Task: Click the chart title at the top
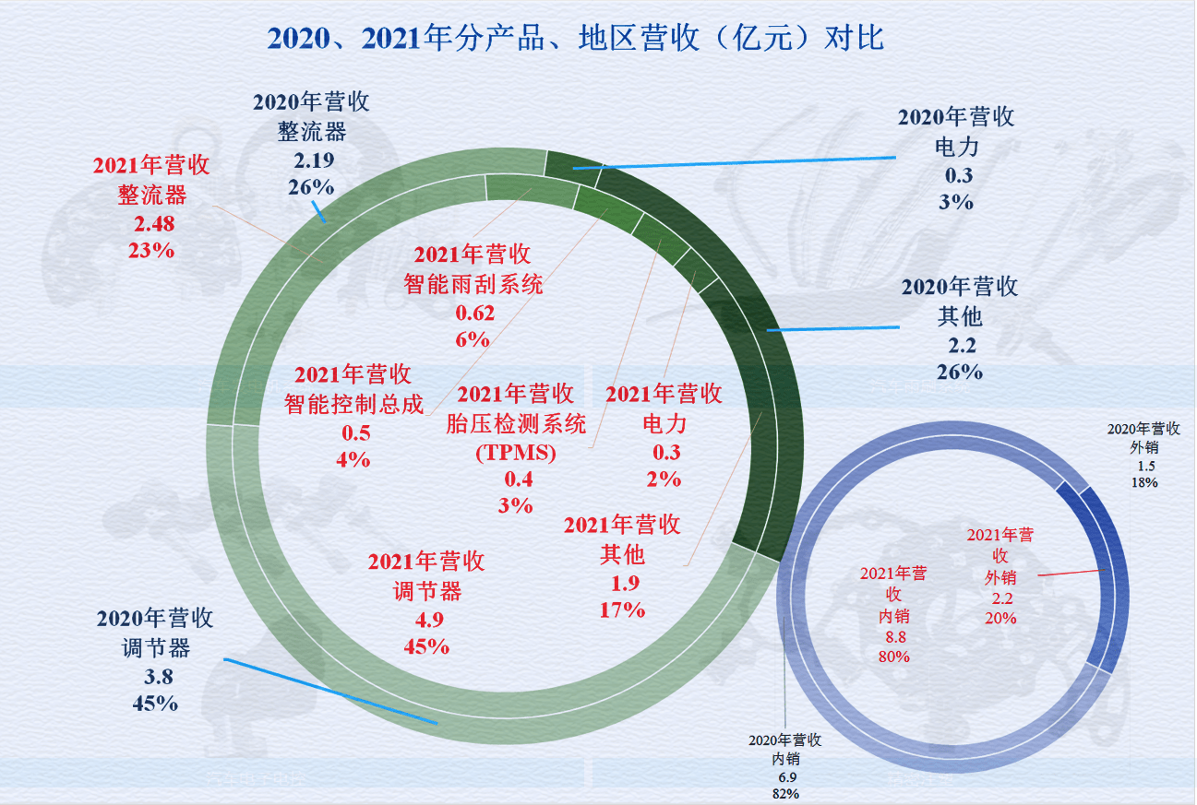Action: click(x=575, y=38)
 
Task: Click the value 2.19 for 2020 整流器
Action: click(x=313, y=160)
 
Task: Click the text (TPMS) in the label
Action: click(x=516, y=453)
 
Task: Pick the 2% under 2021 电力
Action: click(x=664, y=479)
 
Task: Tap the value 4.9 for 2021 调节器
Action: click(x=425, y=619)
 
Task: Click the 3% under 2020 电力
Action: click(x=956, y=202)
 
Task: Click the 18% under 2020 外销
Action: click(x=1144, y=481)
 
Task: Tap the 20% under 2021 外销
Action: click(x=1000, y=618)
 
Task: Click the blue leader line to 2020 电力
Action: click(x=738, y=163)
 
